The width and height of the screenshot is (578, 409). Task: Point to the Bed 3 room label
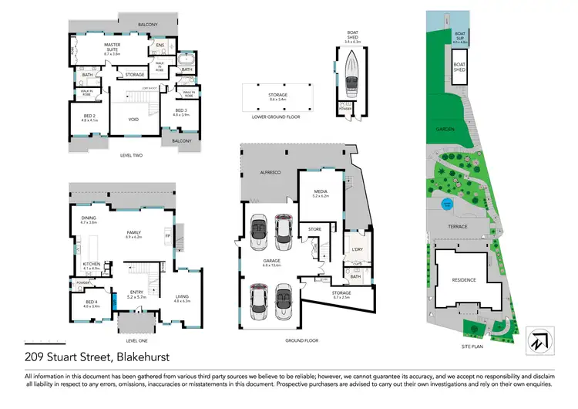coord(180,111)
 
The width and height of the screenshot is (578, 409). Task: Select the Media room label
coord(321,194)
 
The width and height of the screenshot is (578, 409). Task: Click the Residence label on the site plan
coord(463,279)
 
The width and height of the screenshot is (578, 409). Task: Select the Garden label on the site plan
coord(445,128)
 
